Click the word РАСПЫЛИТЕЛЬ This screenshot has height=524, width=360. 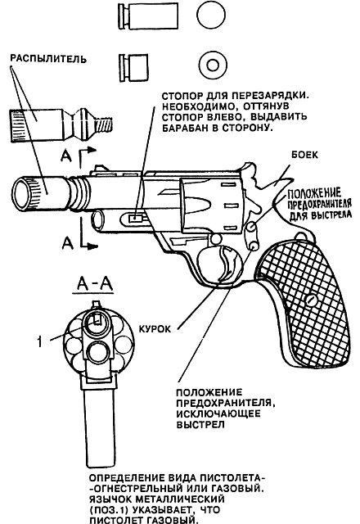(x=48, y=59)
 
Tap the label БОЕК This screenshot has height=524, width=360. (x=304, y=155)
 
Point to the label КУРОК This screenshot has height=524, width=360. (x=155, y=329)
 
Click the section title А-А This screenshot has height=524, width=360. (x=93, y=284)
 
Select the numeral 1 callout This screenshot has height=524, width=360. (x=40, y=341)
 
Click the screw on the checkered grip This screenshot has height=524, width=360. (x=312, y=300)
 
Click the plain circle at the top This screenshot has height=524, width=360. (x=211, y=16)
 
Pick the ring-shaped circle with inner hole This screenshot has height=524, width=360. (x=213, y=65)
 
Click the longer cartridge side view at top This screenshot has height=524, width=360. (x=148, y=16)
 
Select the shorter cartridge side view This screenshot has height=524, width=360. (x=133, y=68)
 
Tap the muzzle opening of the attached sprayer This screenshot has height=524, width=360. (x=21, y=194)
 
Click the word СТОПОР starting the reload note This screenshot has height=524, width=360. (x=181, y=96)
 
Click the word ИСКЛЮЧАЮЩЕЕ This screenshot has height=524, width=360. (x=218, y=413)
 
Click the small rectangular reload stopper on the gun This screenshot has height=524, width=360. (x=136, y=218)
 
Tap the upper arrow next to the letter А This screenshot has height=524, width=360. (x=88, y=157)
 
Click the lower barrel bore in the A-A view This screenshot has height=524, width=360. (x=98, y=352)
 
